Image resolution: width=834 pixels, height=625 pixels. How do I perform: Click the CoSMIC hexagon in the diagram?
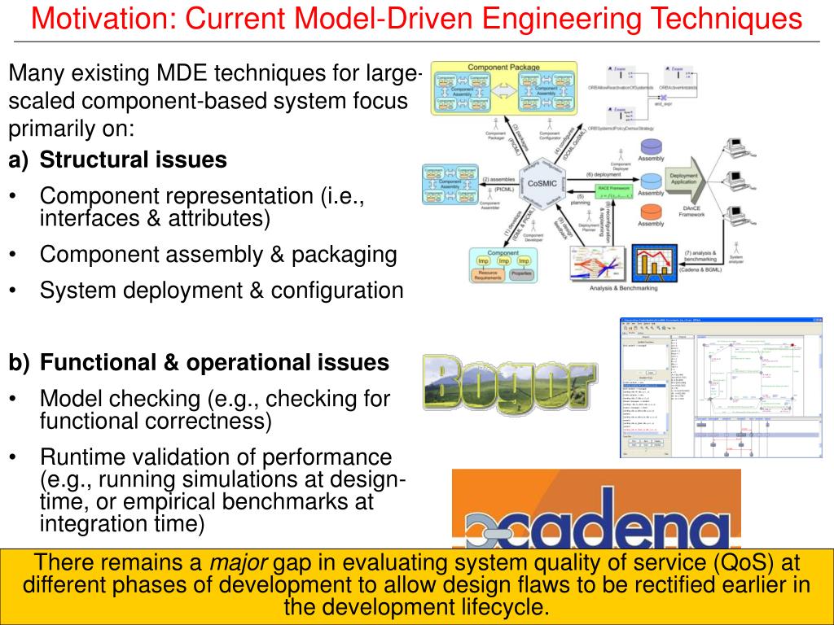tap(542, 184)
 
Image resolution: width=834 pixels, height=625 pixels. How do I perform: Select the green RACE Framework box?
tap(614, 190)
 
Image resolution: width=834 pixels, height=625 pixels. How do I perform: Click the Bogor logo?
tap(509, 381)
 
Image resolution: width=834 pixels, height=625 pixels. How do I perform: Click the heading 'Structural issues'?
tap(134, 160)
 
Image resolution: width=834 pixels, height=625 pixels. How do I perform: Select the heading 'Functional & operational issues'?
tap(215, 363)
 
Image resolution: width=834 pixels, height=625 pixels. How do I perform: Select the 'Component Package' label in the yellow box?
tap(503, 67)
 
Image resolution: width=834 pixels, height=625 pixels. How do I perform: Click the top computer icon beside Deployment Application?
tap(736, 146)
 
